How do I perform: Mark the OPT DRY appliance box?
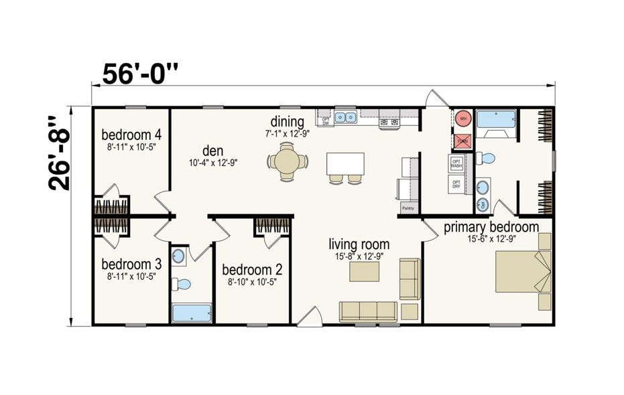pyautogui.click(x=456, y=183)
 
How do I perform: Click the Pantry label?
pyautogui.click(x=408, y=208)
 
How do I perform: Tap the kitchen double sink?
pyautogui.click(x=346, y=118)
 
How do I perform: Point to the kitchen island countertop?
pyautogui.click(x=346, y=163)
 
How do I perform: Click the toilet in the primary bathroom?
pyautogui.click(x=486, y=159)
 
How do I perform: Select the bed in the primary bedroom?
pyautogui.click(x=521, y=272)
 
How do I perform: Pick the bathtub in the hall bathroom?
pyautogui.click(x=192, y=313)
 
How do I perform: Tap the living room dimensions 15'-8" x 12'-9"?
pyautogui.click(x=359, y=256)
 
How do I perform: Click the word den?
pyautogui.click(x=212, y=150)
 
